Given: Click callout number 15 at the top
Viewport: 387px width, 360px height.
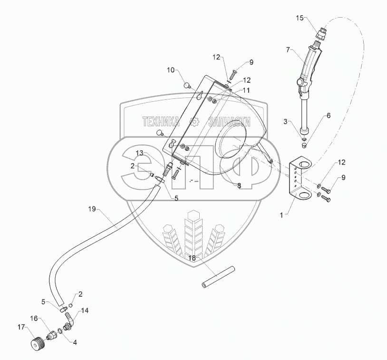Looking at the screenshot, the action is pyautogui.click(x=299, y=18).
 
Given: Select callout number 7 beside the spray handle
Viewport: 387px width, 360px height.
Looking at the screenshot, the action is pyautogui.click(x=288, y=49).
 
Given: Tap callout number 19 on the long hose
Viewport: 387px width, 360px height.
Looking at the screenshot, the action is pyautogui.click(x=92, y=208).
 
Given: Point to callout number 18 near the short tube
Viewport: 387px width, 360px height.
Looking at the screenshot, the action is pyautogui.click(x=192, y=258).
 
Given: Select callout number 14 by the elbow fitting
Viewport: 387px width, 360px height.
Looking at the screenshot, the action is pyautogui.click(x=85, y=311).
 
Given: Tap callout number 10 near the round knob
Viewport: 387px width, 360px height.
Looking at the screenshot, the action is pyautogui.click(x=171, y=70).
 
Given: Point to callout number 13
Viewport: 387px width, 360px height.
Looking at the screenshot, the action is pyautogui.click(x=139, y=153).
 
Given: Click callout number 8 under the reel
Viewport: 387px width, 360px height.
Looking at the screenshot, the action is pyautogui.click(x=239, y=186).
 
